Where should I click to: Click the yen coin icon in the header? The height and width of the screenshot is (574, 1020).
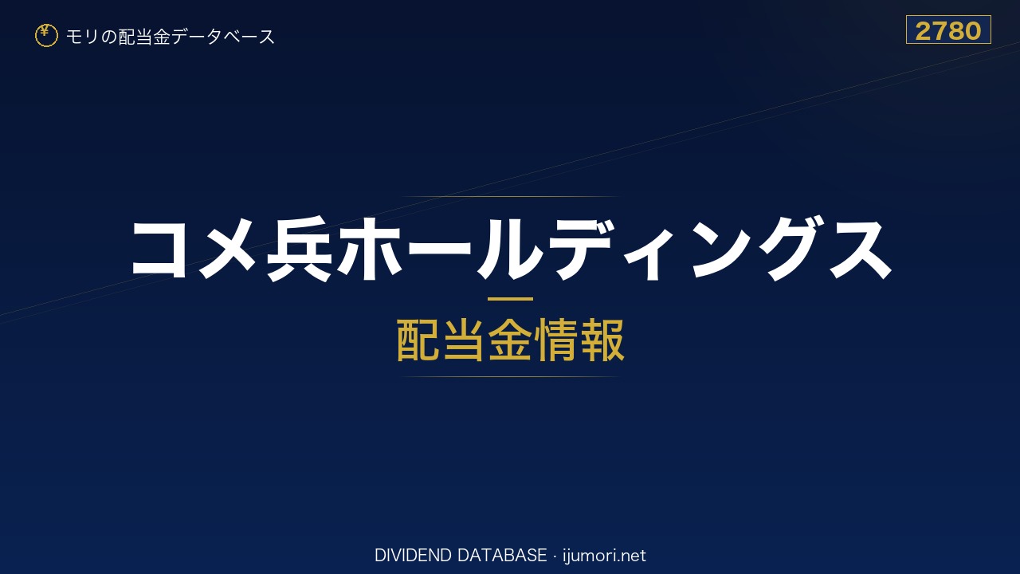coord(46,36)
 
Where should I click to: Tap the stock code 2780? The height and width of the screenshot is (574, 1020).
coord(948,31)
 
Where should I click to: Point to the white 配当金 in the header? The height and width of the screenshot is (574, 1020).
coord(144,37)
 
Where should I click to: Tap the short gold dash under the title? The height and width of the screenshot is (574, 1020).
coord(510,299)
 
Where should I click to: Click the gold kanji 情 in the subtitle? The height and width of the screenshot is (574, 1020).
coord(556,340)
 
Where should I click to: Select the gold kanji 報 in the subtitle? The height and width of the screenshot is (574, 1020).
coord(602,340)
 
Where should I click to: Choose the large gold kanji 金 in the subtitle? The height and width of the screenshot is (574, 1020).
coord(510,340)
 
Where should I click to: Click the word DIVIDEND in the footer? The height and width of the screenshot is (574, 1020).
coord(413,556)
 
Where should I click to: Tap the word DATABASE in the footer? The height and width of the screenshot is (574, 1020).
coord(502,556)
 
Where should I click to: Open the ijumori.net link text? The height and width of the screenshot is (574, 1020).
coord(604,556)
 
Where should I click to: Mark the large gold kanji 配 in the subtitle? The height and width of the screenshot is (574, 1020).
coord(418,340)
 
